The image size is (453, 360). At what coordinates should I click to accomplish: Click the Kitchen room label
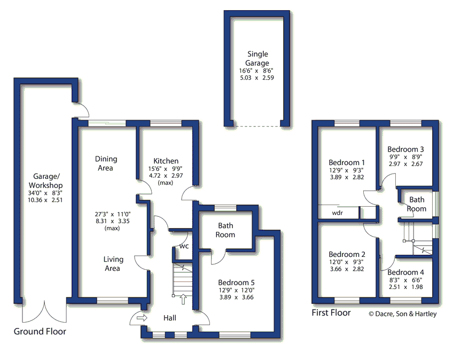pos(166,161)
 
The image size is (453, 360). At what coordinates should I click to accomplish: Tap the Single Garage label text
pos(257,58)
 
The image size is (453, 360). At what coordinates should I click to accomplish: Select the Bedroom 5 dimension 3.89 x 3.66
pos(236,298)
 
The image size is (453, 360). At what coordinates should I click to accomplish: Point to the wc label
pos(184,246)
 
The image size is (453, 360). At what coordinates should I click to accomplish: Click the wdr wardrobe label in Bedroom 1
pos(338,213)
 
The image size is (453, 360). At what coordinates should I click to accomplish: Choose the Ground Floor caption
pos(40,331)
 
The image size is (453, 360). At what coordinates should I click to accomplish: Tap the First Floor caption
pos(331,312)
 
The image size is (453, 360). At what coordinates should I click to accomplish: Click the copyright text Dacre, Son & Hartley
pos(403,314)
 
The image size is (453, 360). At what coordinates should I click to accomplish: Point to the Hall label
pos(169,318)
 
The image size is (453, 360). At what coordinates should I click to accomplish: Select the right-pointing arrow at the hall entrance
pos(142,318)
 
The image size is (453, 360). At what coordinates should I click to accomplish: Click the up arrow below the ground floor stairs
pos(183,299)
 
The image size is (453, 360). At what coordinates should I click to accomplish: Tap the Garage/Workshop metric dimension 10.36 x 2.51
pos(45,200)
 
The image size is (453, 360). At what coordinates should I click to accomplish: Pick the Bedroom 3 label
pos(405,150)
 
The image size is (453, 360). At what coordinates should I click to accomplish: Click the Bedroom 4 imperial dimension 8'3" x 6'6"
pos(405,280)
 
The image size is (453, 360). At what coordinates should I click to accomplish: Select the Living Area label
pos(113,264)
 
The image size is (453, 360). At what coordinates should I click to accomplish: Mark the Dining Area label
pos(106,163)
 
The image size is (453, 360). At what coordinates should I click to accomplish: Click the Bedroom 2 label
pos(347,255)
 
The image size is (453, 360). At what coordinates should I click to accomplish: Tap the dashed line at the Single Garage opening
pos(257,126)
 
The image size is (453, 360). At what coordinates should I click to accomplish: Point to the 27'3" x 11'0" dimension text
pos(113,214)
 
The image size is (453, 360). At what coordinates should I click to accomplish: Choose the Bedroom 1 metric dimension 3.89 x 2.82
pos(347,177)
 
